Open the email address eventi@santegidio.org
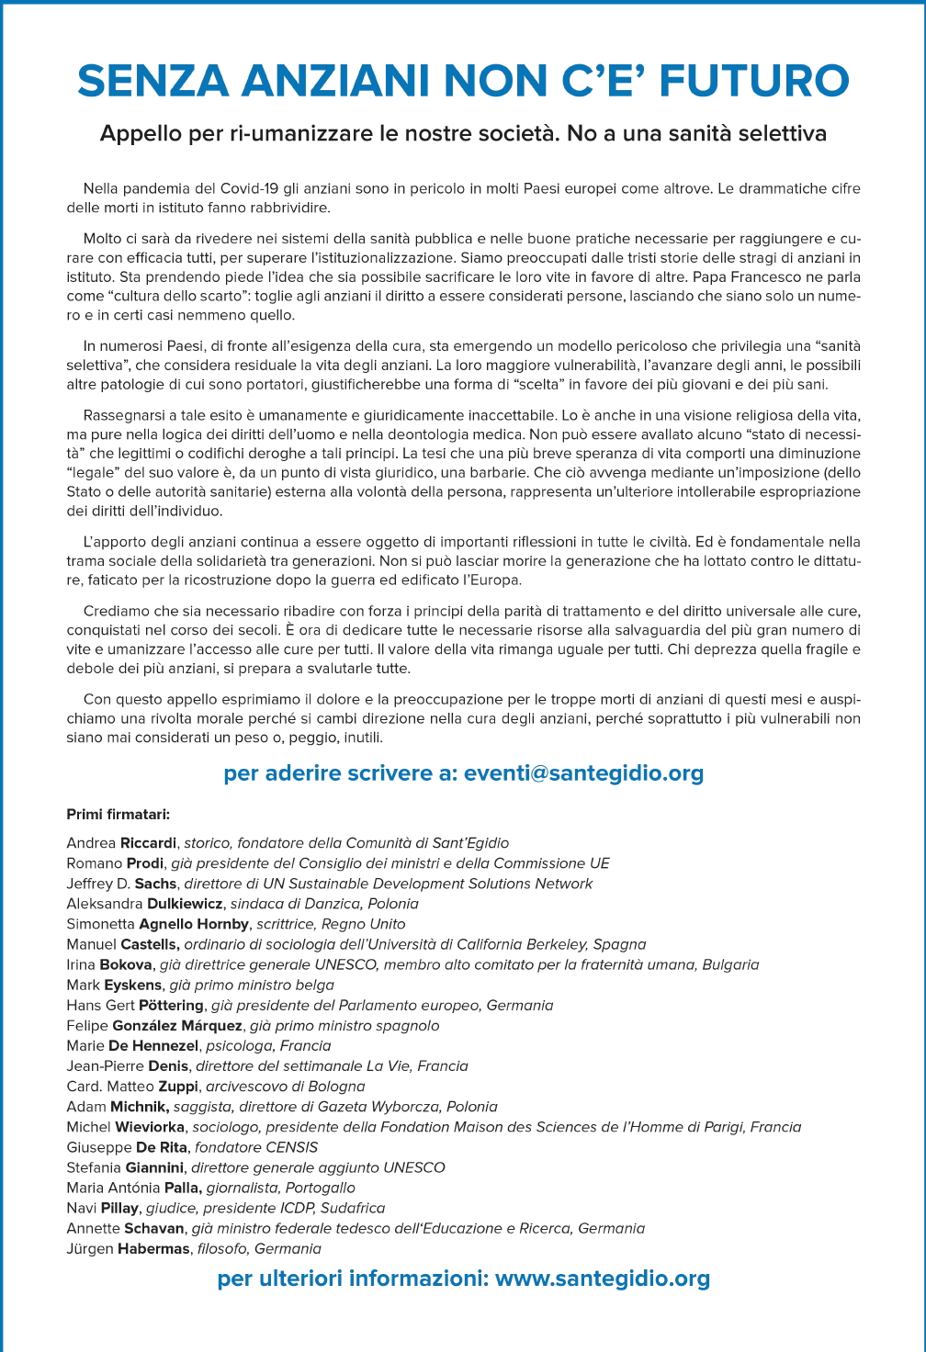pos(583,773)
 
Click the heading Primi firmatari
pos(118,815)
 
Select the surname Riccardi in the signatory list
pos(148,843)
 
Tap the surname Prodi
pos(144,863)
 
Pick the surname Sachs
pos(155,884)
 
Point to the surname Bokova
pos(125,964)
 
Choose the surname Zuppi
pos(178,1087)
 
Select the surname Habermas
pos(153,1249)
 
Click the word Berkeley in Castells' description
pos(554,944)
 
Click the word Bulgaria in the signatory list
pos(730,964)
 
